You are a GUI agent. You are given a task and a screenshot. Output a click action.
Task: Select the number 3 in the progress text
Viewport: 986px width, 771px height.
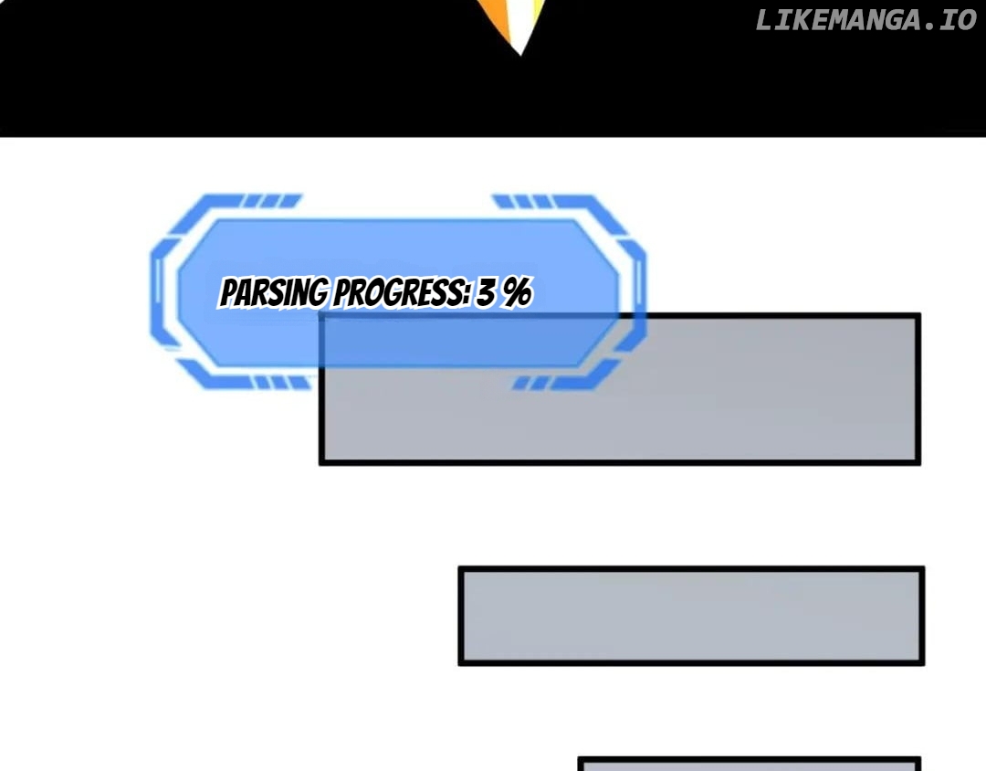(487, 292)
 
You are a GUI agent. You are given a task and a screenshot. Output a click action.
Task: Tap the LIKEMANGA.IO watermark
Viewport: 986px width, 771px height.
(865, 20)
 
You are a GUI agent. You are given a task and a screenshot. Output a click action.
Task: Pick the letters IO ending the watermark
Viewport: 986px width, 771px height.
(959, 20)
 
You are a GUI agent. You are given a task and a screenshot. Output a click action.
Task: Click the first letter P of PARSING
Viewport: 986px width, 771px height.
(227, 293)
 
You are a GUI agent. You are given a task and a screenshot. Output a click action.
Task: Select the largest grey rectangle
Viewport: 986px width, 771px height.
(620, 389)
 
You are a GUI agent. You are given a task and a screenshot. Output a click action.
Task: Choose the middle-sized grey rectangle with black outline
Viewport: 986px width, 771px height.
(691, 616)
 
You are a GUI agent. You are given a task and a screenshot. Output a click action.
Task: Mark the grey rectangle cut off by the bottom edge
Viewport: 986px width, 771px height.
(749, 764)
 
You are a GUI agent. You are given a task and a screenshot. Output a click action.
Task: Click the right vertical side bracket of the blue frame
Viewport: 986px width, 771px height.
(636, 292)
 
